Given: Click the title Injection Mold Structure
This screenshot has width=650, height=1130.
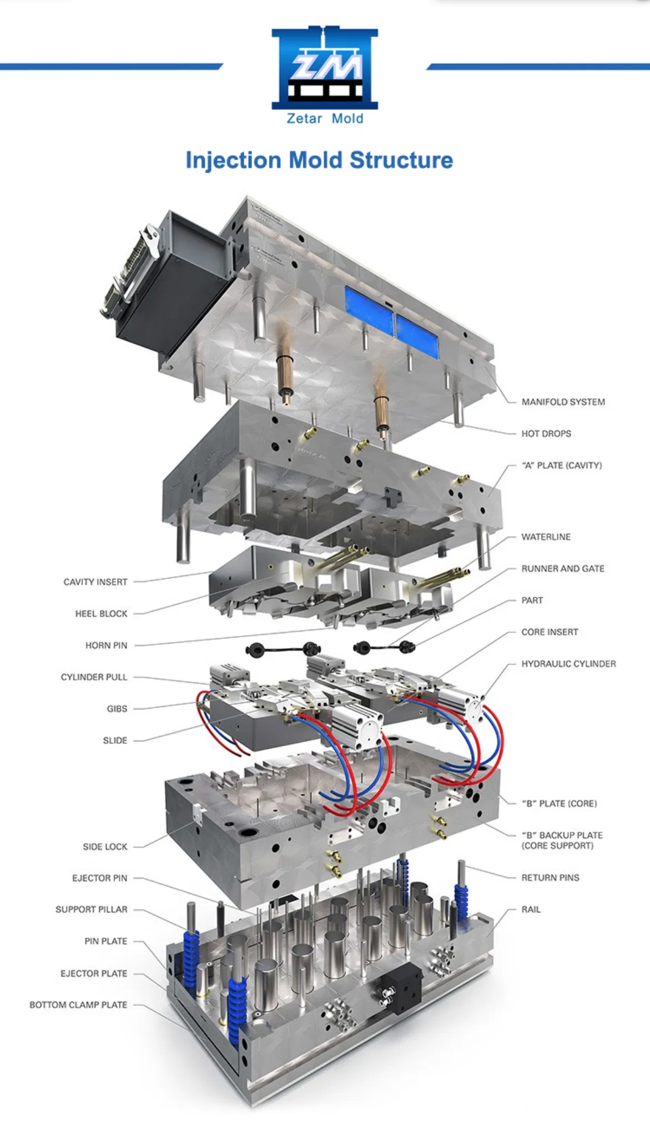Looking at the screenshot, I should (319, 160).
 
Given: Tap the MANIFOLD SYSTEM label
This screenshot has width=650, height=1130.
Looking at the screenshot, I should (563, 402).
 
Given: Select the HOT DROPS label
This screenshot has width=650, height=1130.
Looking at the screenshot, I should (546, 433).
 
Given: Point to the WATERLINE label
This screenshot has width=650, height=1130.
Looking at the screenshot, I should (546, 537).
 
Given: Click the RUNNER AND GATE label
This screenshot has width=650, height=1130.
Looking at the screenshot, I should (562, 568).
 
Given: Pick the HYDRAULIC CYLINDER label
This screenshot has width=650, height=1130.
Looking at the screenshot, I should (568, 664).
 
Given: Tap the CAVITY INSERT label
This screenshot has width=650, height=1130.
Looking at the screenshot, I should (95, 582).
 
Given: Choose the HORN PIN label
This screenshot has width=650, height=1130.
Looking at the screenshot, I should (106, 645).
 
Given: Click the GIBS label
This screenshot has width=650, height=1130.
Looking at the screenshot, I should (117, 709).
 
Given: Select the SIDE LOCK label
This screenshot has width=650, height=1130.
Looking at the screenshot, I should (105, 846).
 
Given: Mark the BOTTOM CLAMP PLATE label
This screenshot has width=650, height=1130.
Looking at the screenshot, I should (78, 1005).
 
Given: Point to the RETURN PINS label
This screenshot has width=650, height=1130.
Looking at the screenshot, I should (550, 877).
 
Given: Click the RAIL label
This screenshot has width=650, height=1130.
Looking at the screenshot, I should (531, 909).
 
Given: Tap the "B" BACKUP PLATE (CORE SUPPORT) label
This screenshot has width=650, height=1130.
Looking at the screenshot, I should (561, 840).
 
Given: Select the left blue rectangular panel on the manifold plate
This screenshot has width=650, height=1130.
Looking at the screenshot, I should (369, 309).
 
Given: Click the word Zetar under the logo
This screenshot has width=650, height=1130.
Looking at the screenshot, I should (304, 118).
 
